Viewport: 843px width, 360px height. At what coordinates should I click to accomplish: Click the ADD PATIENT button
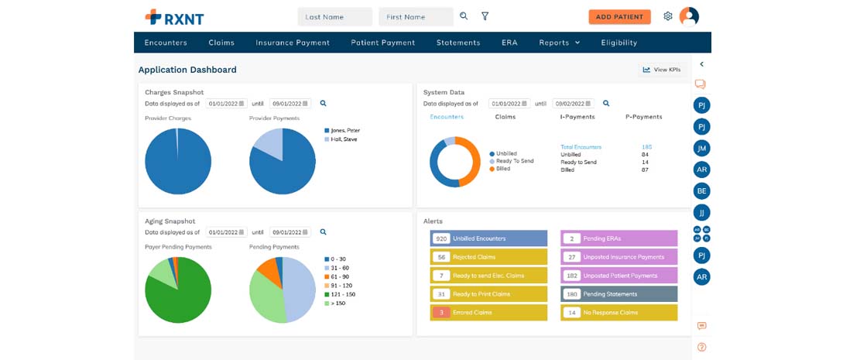pos(619,16)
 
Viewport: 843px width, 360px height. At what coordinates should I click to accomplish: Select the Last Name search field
pos(334,16)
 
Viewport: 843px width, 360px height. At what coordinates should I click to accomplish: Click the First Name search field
pos(416,16)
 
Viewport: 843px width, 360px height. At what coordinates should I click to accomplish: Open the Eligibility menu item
pos(619,43)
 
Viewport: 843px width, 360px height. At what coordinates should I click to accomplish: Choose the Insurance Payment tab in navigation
pos(293,43)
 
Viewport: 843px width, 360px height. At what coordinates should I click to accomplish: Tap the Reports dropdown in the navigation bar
pos(559,43)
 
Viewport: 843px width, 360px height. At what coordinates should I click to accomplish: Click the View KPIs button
pos(661,70)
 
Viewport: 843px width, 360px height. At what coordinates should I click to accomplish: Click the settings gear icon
pos(668,16)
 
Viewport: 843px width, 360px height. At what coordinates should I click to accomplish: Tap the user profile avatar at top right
pos(689,16)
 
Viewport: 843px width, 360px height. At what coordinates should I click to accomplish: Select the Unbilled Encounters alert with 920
pos(488,238)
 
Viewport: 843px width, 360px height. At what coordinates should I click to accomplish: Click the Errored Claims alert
pos(488,312)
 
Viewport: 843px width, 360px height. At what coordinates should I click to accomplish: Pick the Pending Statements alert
pos(619,294)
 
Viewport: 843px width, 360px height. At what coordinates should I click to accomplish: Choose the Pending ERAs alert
pos(619,238)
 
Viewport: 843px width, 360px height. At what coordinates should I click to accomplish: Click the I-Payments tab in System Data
pos(577,117)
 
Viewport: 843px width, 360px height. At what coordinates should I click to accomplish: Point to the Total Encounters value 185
pos(646,146)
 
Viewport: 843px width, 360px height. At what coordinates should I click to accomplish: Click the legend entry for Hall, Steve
pos(344,139)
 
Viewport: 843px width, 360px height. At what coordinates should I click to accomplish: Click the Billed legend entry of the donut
pos(502,168)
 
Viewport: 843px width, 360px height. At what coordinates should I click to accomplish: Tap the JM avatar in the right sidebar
pos(701,148)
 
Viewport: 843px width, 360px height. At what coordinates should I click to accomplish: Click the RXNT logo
pos(174,16)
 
